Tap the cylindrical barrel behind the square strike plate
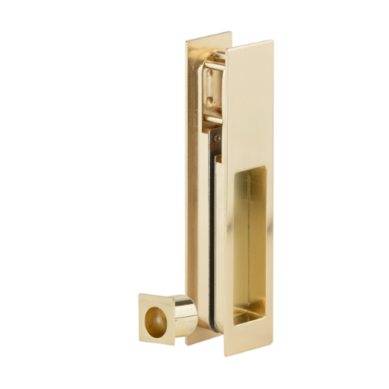[x=185, y=315]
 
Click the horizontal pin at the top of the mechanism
[x=213, y=61]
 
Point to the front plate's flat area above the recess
[x=250, y=105]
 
